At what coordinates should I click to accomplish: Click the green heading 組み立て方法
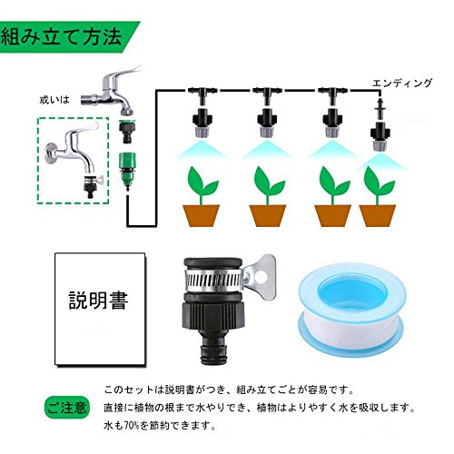[62, 37]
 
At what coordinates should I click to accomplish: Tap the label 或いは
[54, 100]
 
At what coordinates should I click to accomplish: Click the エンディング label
[402, 83]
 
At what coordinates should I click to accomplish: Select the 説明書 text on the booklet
[99, 301]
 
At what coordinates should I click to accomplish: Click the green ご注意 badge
[67, 407]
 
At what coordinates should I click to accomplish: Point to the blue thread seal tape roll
[351, 311]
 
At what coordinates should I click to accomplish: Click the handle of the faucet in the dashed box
[86, 127]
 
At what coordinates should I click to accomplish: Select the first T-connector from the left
[201, 94]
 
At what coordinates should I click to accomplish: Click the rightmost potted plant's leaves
[379, 182]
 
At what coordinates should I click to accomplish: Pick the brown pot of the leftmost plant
[201, 215]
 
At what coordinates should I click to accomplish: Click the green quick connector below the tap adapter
[127, 171]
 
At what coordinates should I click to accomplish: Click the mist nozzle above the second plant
[267, 124]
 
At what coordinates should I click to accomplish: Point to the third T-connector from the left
[331, 94]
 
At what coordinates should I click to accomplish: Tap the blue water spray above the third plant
[332, 150]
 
